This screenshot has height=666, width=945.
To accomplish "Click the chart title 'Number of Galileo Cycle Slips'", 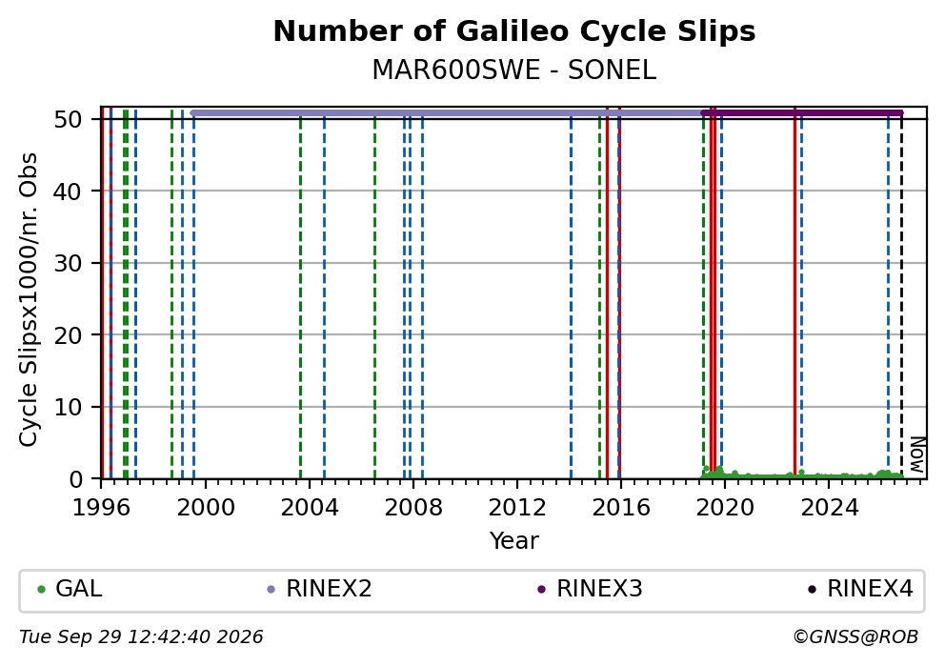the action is (514, 31).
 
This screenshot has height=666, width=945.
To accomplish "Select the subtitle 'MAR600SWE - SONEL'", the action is (514, 71).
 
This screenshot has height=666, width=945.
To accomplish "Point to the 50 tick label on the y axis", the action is (68, 119).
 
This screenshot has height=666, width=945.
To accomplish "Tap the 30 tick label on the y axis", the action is (68, 263).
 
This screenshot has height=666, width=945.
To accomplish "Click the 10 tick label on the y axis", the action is (68, 407).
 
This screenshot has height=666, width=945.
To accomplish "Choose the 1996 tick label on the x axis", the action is (101, 508).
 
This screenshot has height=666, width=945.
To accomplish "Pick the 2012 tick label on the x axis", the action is (517, 508).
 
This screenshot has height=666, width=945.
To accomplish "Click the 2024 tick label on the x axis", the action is (830, 508).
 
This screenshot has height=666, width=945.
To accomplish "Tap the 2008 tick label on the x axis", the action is (413, 508).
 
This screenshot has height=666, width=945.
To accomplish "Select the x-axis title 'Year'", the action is (514, 540).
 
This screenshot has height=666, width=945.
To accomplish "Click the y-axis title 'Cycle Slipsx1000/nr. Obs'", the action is (29, 299).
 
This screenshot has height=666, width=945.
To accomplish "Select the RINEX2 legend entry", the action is (319, 589).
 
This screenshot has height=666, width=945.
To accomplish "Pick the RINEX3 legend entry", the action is (590, 589).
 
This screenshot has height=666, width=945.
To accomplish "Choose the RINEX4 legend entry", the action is (860, 589).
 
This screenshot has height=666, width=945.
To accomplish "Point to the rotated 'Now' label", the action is (916, 454).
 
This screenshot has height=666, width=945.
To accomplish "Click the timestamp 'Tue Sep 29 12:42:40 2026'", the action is (141, 637).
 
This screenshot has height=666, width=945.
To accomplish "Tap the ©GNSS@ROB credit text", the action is (855, 637).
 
